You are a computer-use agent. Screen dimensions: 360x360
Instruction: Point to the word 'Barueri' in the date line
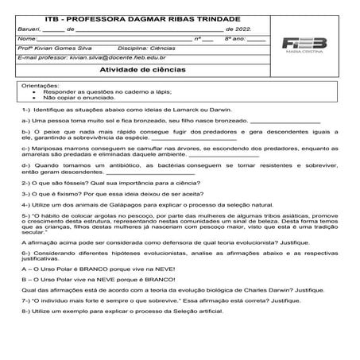click(29, 28)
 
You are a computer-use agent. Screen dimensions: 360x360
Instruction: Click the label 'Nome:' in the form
click(26, 38)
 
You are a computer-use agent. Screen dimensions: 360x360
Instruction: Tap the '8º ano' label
click(236, 38)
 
